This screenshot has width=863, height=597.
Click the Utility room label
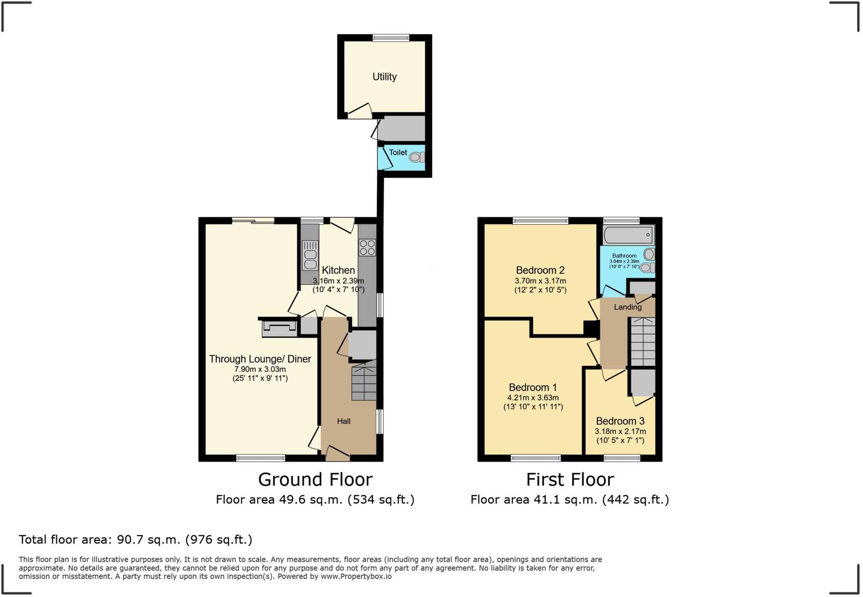[x=384, y=77]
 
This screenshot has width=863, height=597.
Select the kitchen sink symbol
[x=310, y=255]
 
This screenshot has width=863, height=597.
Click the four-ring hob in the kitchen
[x=367, y=247]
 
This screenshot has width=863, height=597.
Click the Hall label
[x=343, y=421]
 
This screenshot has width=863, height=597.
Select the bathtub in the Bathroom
[x=628, y=235]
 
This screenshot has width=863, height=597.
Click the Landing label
[x=627, y=307]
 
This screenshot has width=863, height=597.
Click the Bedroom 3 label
[x=620, y=421]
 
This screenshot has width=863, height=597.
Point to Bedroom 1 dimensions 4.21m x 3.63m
[x=533, y=398]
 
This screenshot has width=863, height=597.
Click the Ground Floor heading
[x=315, y=479]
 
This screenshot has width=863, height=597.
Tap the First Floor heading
[x=570, y=479]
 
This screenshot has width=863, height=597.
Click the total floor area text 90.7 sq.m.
[x=135, y=540]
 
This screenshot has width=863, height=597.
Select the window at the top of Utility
[x=391, y=38]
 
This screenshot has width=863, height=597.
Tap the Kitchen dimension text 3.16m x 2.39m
[x=338, y=281]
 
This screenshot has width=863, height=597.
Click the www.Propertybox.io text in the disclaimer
[x=356, y=576]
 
